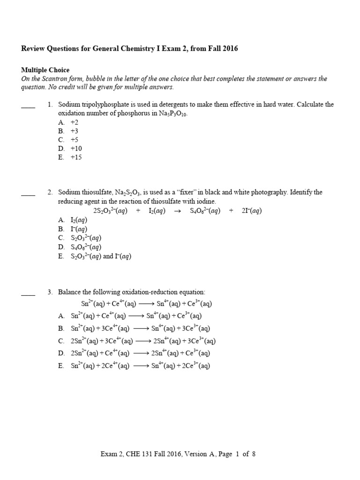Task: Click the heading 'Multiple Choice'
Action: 45,70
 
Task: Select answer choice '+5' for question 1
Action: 76,140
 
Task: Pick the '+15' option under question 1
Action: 76,157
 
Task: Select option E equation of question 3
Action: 140,366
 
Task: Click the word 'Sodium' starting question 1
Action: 69,105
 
